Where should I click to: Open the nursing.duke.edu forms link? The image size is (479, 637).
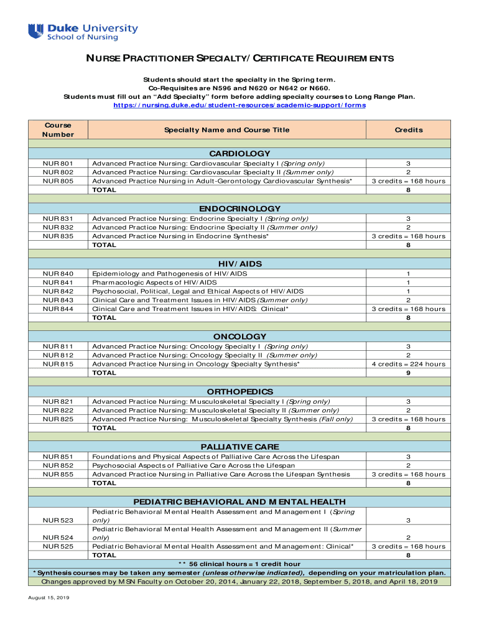click(239, 105)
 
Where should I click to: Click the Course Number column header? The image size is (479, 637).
click(58, 129)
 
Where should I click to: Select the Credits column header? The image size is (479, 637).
click(408, 130)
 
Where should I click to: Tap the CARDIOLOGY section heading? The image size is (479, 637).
click(240, 153)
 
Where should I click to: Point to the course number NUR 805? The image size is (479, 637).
click(58, 181)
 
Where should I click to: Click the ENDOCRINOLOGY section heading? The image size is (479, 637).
click(240, 208)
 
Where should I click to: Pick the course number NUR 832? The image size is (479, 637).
click(58, 227)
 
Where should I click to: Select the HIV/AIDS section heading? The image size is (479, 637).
click(240, 264)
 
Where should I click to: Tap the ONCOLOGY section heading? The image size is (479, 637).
click(240, 337)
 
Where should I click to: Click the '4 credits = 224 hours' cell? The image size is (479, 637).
click(408, 364)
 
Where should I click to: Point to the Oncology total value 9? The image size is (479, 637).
click(408, 373)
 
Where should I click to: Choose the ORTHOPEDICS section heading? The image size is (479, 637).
click(240, 392)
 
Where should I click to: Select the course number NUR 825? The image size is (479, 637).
click(58, 419)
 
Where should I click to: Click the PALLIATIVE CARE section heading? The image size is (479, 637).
click(240, 447)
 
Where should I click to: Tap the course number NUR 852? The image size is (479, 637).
click(58, 465)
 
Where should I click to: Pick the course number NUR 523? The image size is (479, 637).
click(58, 519)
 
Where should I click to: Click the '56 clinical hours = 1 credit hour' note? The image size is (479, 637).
click(240, 564)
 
